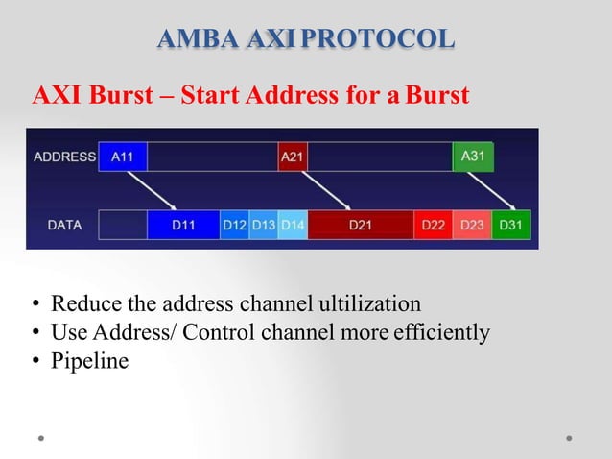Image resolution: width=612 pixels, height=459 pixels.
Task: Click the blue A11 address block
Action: [x=123, y=157]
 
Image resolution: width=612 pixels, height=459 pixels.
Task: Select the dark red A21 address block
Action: [x=292, y=157]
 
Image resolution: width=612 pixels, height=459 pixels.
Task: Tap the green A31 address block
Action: [x=473, y=157]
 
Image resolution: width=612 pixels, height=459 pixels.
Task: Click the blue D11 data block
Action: [x=183, y=226]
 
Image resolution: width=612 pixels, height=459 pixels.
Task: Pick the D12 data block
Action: [x=235, y=226]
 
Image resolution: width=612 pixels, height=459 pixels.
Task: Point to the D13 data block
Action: [x=264, y=226]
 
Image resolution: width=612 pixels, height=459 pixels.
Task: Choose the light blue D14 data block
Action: [x=293, y=226]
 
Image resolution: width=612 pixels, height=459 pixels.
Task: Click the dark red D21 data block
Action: [x=361, y=226]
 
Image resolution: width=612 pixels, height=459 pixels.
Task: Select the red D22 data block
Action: [x=434, y=226]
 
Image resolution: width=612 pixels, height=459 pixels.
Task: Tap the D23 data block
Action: [x=472, y=226]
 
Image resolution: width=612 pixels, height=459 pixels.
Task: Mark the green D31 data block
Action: [x=510, y=226]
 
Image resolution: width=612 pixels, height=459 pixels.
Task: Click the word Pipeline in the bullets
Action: [x=89, y=361]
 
